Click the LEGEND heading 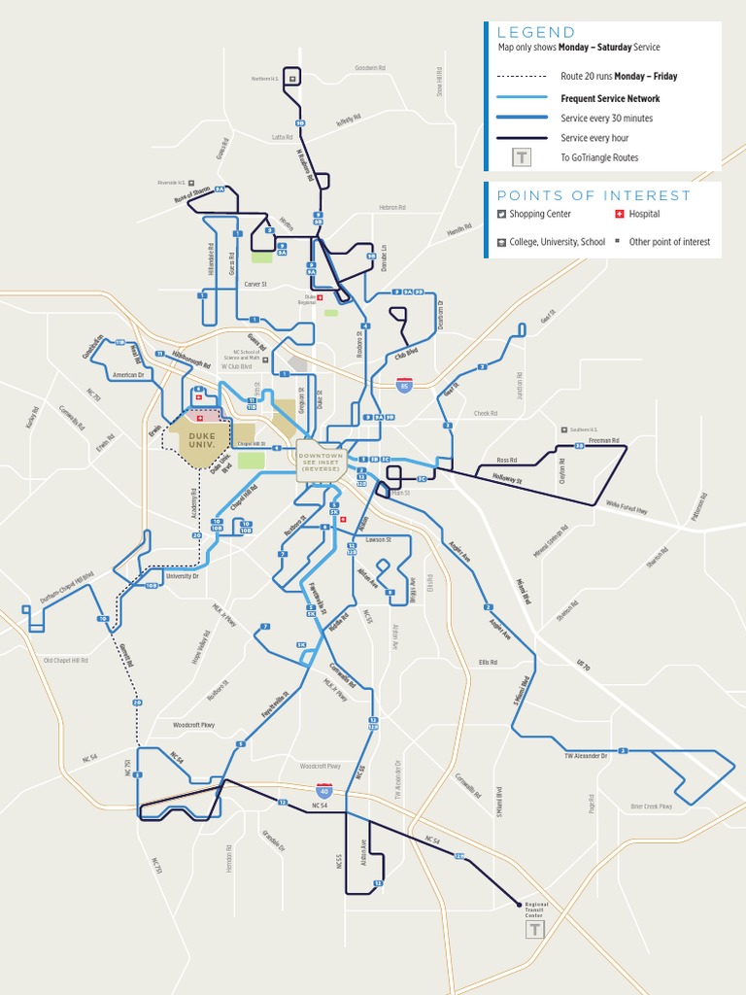tap(536, 32)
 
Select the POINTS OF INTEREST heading tap(594, 195)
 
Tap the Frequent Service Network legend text tap(610, 98)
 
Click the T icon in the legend tap(523, 156)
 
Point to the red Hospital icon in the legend tap(619, 214)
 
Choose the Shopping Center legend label tap(540, 214)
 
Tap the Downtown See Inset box tap(322, 461)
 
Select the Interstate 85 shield tap(405, 387)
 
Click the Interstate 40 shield tap(324, 791)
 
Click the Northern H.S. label tap(265, 79)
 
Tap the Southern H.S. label tap(584, 429)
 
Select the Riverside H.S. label tap(171, 182)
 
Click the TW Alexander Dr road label tap(586, 755)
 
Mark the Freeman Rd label tap(603, 440)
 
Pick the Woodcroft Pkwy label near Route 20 tap(193, 725)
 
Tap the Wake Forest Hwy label tap(627, 504)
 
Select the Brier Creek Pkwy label tap(652, 806)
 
